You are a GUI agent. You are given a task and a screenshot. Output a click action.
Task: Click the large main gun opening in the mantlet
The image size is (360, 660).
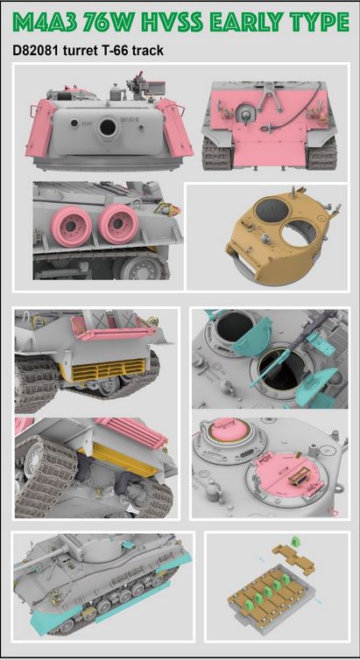pyautogui.click(x=109, y=128)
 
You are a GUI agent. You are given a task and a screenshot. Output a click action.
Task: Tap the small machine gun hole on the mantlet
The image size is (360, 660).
pyautogui.click(x=74, y=123)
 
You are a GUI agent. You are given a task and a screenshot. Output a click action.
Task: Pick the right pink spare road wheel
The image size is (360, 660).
pyautogui.click(x=118, y=224)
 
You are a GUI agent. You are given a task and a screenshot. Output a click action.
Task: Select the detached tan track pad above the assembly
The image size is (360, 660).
pyautogui.click(x=293, y=558)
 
